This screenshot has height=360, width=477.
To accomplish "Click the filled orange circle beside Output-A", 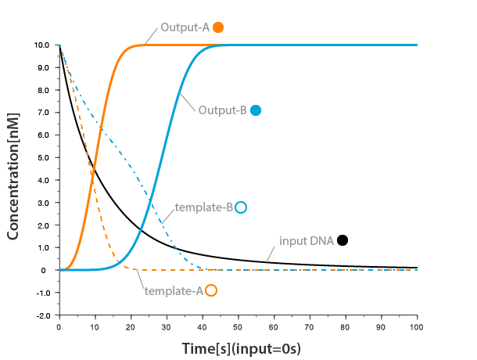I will tap(218, 27).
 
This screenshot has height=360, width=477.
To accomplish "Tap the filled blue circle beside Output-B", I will tap(256, 110).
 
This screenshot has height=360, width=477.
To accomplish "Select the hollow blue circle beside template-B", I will tap(241, 207).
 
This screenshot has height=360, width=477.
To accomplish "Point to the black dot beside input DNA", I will tap(343, 240).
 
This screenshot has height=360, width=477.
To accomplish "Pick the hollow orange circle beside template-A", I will tap(210, 290).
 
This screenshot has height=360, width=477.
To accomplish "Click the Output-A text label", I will tap(186, 27).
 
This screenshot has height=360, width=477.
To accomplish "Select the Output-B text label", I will tap(223, 110).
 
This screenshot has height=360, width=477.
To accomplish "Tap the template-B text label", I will tap(204, 207).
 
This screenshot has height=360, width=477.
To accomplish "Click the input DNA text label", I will tap(307, 240).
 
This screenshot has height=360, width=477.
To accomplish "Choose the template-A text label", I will tap(174, 290).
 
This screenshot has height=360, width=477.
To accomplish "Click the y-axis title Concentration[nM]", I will tap(13, 175).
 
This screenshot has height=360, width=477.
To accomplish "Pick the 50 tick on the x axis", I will tap(238, 325).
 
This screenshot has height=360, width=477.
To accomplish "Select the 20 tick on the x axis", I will tap(131, 325).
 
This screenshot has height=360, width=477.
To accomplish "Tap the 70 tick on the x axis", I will tap(310, 325).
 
